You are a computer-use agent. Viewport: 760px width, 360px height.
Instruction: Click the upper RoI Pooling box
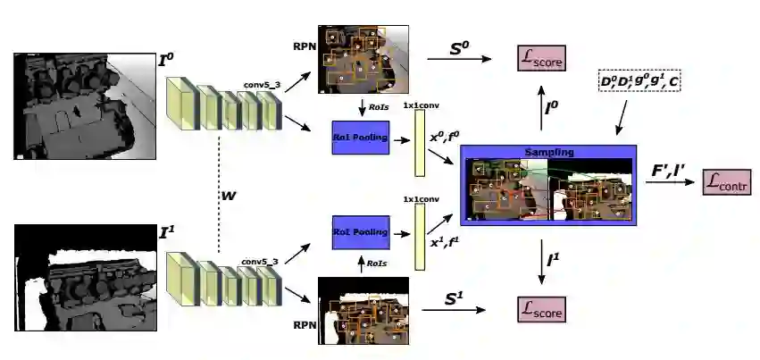pos(360,137)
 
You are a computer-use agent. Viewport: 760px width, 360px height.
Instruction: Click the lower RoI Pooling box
pos(360,231)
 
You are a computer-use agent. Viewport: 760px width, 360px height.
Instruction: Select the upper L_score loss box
pos(542,59)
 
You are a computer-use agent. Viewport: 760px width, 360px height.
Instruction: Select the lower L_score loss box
pos(542,310)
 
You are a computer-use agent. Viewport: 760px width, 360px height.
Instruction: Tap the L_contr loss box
pos(727,182)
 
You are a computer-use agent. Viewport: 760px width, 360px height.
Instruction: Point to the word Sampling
pos(548,152)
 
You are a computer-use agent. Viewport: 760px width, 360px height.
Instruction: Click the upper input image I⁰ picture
pos(85,105)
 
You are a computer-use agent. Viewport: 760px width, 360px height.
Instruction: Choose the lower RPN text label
pos(304,324)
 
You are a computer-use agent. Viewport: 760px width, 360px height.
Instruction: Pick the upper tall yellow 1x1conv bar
pos(419,144)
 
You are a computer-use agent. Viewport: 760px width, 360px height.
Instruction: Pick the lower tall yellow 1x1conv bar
pos(419,236)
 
